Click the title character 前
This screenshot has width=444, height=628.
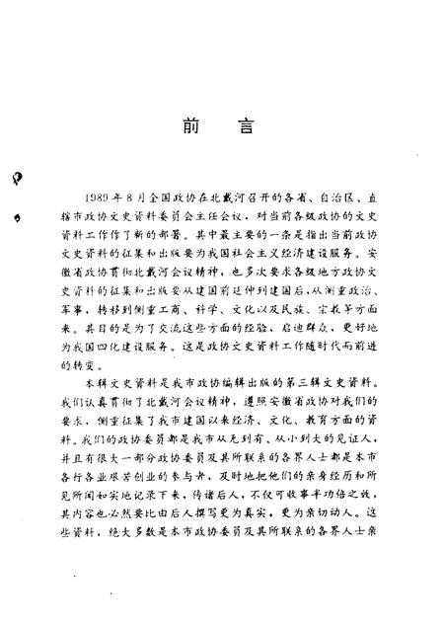click(x=188, y=127)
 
